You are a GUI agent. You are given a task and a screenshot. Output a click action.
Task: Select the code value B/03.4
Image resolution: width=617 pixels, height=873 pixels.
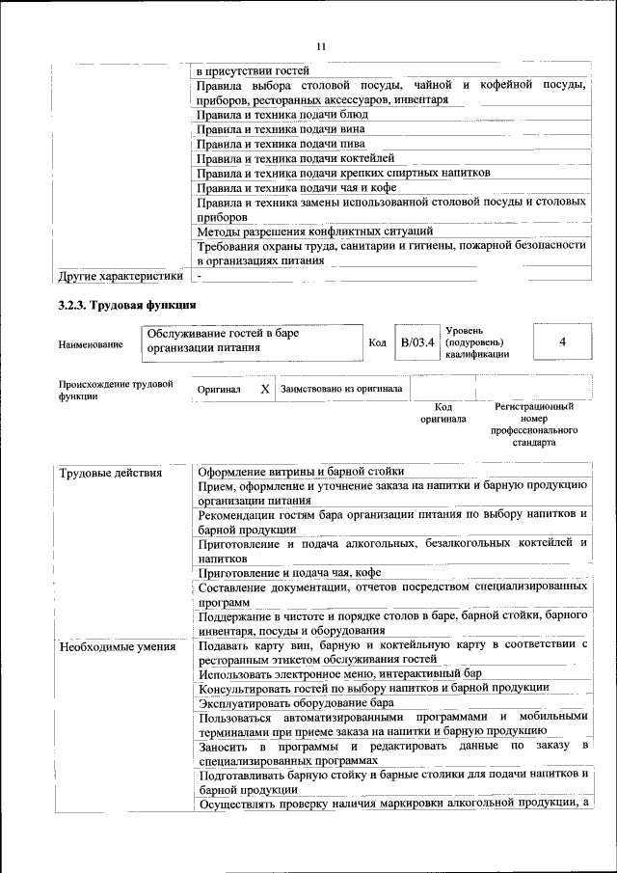(x=417, y=341)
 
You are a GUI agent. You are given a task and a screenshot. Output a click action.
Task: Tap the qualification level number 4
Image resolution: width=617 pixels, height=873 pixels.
(x=562, y=342)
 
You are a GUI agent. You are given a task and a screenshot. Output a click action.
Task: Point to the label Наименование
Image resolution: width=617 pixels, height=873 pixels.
(x=91, y=344)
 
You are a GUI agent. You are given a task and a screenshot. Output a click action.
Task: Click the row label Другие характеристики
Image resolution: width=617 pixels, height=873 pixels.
(x=121, y=277)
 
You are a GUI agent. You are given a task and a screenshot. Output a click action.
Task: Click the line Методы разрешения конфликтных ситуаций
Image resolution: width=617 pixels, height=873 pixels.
(x=314, y=232)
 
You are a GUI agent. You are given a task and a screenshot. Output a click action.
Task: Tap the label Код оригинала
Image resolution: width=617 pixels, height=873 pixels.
(x=443, y=413)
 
